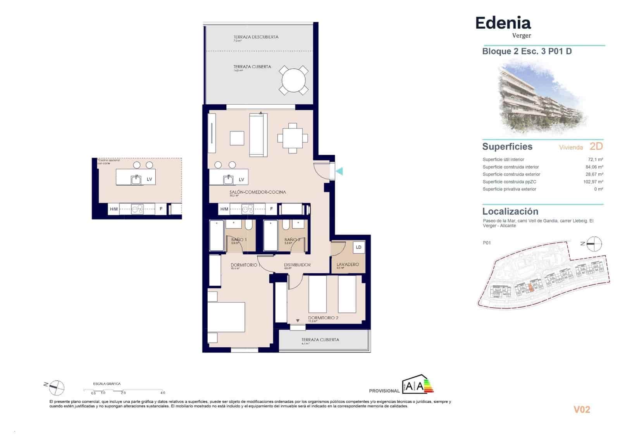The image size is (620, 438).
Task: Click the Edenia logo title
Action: pyautogui.click(x=503, y=23)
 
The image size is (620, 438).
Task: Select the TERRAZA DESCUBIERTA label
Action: pyautogui.click(x=256, y=37)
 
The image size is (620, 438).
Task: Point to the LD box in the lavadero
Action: pyautogui.click(x=358, y=247)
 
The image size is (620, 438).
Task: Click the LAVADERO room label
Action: pyautogui.click(x=348, y=264)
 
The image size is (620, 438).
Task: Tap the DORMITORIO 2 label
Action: pyautogui.click(x=323, y=318)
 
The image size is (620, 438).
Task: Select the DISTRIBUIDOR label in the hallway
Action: pyautogui.click(x=297, y=265)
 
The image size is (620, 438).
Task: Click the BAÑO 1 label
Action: pyautogui.click(x=239, y=240)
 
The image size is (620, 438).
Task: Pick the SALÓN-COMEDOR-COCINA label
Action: pyautogui.click(x=257, y=192)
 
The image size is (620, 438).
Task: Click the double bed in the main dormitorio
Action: pyautogui.click(x=226, y=317)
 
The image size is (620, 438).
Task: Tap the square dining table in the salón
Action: pyautogui.click(x=293, y=138)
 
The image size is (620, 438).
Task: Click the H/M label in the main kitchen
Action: pyautogui.click(x=224, y=209)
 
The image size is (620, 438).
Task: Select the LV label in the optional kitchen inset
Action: pyautogui.click(x=149, y=179)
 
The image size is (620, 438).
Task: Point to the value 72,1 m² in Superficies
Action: pyautogui.click(x=595, y=159)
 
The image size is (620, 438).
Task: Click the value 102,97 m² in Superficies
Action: pyautogui.click(x=593, y=182)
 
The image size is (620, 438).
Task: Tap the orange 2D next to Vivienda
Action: pyautogui.click(x=596, y=146)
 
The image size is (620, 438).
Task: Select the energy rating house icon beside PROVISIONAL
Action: pyautogui.click(x=418, y=385)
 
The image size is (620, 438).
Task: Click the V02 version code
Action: pyautogui.click(x=581, y=410)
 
